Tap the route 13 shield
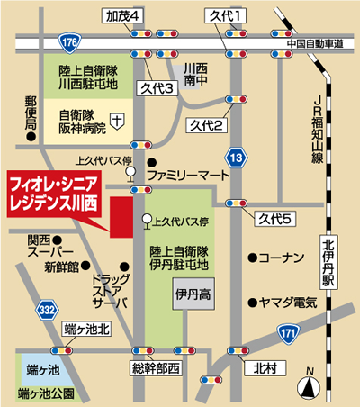click(235, 159)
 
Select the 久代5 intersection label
click(274, 219)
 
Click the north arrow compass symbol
click(310, 384)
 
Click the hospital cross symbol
click(119, 119)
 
